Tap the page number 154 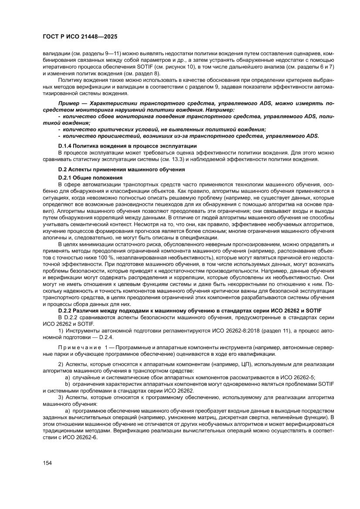(x=47, y=463)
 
